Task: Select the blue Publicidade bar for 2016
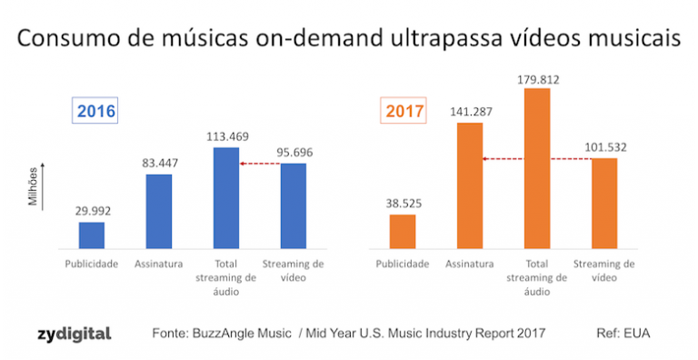92,235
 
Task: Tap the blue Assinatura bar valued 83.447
159,212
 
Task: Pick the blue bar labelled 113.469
226,198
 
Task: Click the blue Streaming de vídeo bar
294,206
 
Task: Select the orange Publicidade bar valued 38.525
403,232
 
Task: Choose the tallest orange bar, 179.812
537,168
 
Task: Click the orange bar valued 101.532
604,204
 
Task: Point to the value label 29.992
92,208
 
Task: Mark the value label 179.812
537,79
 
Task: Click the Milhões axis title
34,186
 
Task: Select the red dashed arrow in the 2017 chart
537,159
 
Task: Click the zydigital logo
75,334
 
